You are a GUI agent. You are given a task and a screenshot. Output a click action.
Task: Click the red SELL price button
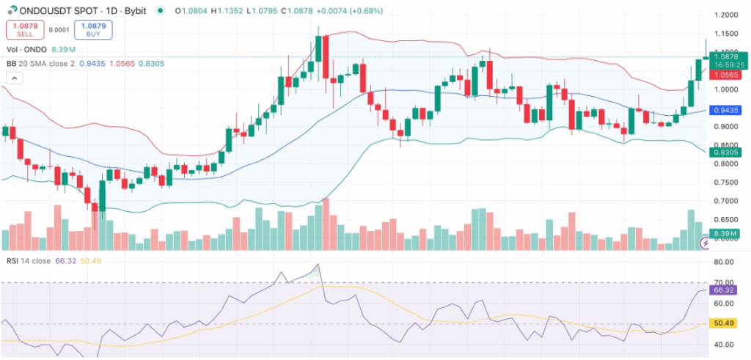tap(21, 29)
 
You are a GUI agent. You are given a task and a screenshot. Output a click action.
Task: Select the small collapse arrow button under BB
tap(14, 78)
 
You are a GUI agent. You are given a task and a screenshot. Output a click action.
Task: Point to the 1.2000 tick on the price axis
tap(725, 15)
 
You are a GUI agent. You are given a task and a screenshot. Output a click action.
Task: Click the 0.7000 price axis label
tap(725, 201)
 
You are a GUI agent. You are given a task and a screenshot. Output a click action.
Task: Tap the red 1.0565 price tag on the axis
tap(726, 74)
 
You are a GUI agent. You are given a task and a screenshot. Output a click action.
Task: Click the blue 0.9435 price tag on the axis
tap(726, 110)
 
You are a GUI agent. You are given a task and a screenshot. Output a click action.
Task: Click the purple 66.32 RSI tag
tap(725, 290)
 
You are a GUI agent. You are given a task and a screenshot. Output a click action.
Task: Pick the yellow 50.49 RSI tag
tap(725, 323)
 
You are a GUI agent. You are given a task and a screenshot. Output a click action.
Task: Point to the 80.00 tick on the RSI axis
tap(725, 262)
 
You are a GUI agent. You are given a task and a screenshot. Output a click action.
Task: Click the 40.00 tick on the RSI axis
tap(725, 345)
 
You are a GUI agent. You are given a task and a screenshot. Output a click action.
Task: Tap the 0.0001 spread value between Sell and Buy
tap(56, 29)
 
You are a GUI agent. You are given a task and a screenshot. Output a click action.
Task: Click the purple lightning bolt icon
tap(706, 242)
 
